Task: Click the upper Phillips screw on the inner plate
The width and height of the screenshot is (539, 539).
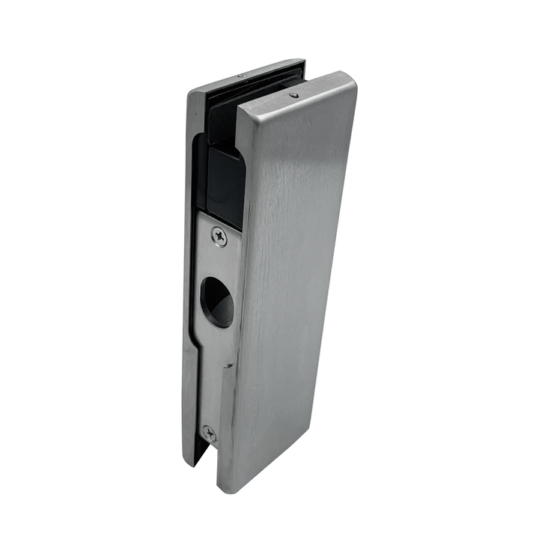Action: [219, 237]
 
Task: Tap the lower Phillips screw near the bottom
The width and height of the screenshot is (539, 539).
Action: [209, 433]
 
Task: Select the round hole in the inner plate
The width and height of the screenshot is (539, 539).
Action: [218, 301]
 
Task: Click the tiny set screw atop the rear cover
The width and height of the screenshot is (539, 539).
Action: [240, 76]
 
